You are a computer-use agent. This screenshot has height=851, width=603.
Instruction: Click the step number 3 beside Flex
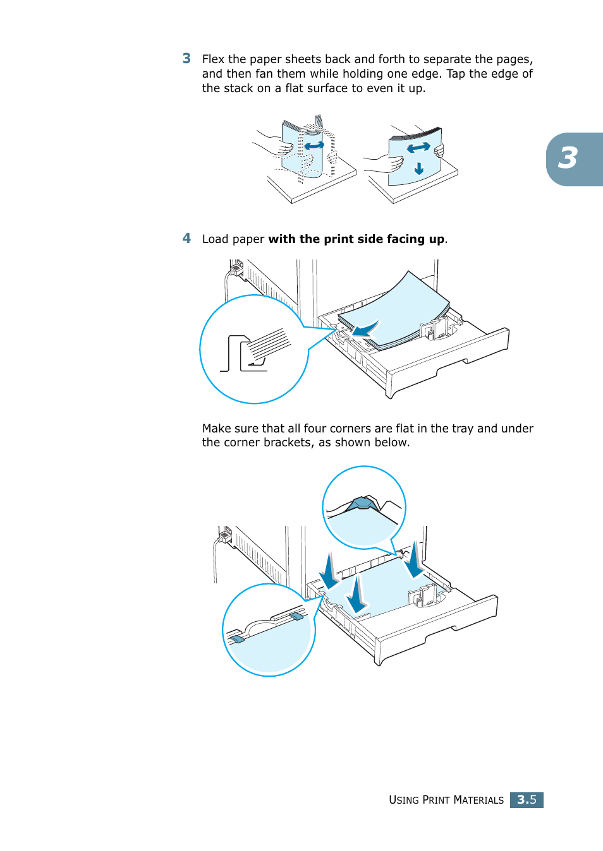click(x=186, y=59)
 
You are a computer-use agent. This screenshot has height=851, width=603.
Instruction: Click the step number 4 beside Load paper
click(x=186, y=239)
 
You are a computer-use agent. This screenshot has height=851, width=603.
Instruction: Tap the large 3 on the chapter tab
click(x=568, y=158)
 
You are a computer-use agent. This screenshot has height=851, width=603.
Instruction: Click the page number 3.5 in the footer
click(x=527, y=800)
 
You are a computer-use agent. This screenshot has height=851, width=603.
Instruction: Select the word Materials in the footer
click(x=478, y=800)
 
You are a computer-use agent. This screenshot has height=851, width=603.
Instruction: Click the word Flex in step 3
click(x=213, y=59)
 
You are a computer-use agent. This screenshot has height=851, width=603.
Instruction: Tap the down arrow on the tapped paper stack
click(x=418, y=169)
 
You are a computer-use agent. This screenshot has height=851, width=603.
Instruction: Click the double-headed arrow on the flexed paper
click(x=314, y=146)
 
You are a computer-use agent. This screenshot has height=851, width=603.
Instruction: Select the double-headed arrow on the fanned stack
click(x=418, y=148)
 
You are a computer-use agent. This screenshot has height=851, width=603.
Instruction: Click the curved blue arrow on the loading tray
click(x=365, y=329)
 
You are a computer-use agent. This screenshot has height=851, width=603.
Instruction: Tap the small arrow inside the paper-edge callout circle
click(x=256, y=362)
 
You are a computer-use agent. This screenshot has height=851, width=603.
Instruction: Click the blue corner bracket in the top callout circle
click(x=362, y=503)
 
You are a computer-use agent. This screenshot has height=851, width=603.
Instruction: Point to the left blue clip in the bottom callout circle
click(x=237, y=639)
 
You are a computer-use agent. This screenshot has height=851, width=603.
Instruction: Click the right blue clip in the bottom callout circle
click(x=296, y=616)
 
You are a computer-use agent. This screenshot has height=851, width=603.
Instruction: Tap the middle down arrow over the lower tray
click(x=357, y=595)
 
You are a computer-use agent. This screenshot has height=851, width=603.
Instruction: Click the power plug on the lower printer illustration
click(x=224, y=536)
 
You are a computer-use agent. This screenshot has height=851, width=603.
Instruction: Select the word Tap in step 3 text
click(x=456, y=74)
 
